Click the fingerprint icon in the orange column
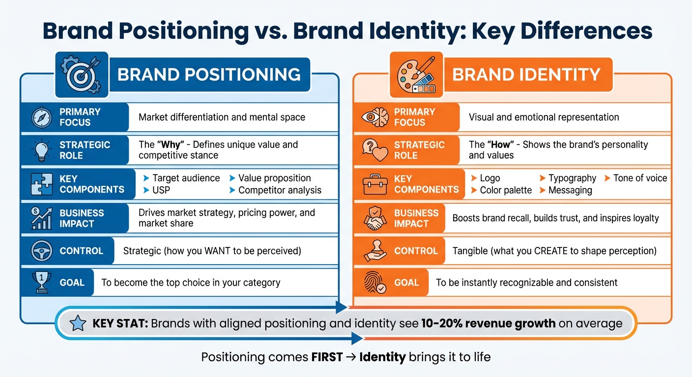(x=375, y=282)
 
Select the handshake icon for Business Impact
(x=375, y=218)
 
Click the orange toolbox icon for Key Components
(x=375, y=184)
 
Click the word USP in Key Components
(x=161, y=190)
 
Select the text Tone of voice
(x=640, y=178)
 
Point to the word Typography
(x=572, y=178)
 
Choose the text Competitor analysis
(x=280, y=190)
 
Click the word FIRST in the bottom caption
(x=327, y=357)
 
